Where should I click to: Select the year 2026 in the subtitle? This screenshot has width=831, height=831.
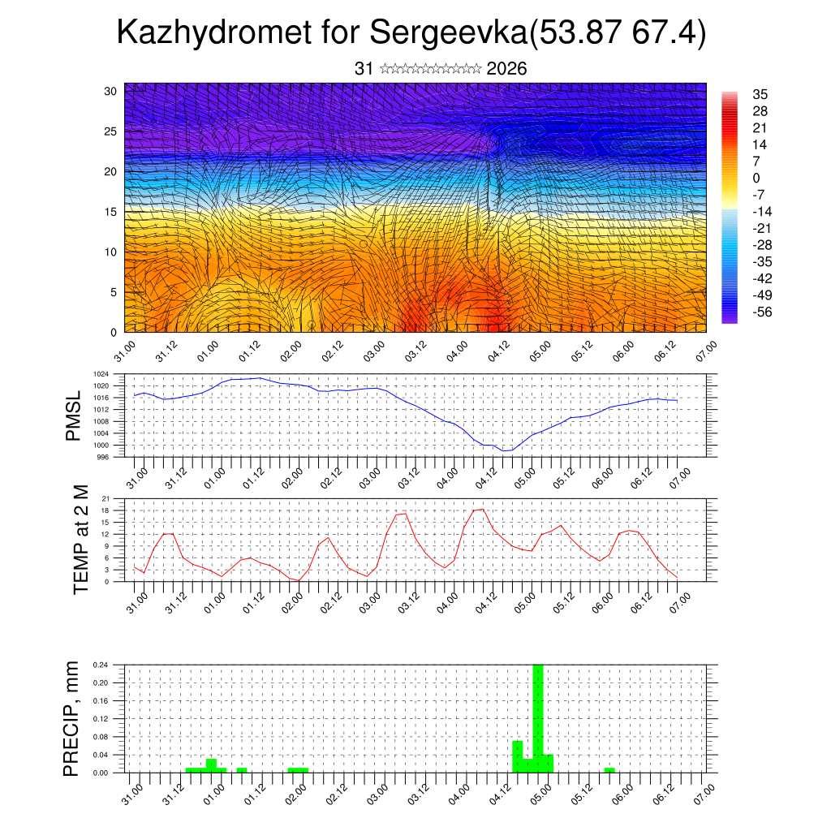click(x=506, y=69)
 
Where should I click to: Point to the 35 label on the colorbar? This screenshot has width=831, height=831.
click(x=760, y=94)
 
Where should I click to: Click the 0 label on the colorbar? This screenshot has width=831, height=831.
click(x=756, y=178)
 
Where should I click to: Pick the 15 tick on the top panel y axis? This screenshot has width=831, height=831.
click(x=111, y=212)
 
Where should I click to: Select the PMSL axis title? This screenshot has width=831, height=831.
click(x=74, y=415)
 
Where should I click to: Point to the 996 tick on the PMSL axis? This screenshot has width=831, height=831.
click(x=103, y=457)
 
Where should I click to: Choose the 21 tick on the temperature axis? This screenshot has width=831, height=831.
click(x=105, y=498)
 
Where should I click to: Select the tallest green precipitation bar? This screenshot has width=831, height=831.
click(x=537, y=717)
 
